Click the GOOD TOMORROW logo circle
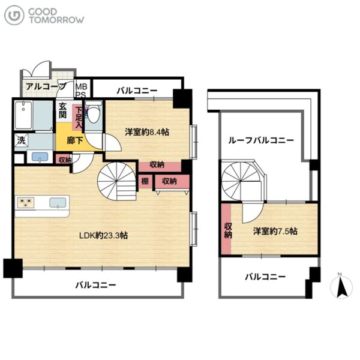[x=14, y=15]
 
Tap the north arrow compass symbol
[x=341, y=286]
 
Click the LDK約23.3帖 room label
[x=104, y=236]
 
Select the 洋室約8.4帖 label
[x=147, y=132]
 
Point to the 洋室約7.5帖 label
[x=275, y=231]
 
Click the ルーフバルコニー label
[x=261, y=140]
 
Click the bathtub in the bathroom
[x=23, y=115]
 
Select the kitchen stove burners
[x=26, y=203]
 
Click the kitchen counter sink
[x=58, y=203]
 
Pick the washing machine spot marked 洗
[x=21, y=140]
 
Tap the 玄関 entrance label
[x=62, y=110]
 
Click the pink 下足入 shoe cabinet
[x=77, y=118]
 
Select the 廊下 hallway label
[x=75, y=140]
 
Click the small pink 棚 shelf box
[x=145, y=181]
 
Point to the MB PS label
[x=81, y=91]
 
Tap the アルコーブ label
[x=46, y=86]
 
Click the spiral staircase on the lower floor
[x=117, y=181]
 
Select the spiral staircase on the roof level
[x=241, y=181]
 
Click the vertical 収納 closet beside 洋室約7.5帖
[x=226, y=229]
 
